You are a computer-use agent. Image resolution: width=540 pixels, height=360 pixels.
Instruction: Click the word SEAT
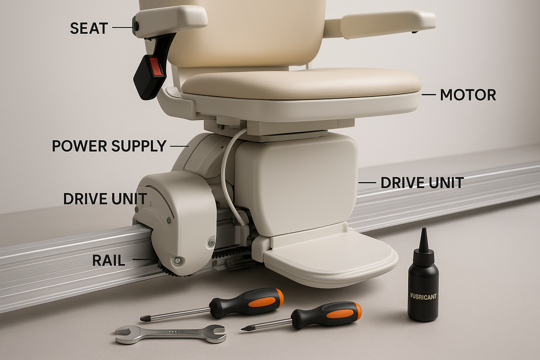89,28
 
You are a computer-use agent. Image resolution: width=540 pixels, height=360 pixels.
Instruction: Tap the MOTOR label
468,95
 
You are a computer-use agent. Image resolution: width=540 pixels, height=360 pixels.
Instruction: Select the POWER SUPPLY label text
109,146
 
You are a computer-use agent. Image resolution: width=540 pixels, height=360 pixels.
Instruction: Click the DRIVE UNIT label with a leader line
422,182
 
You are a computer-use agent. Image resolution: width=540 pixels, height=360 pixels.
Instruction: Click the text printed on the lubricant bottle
423,296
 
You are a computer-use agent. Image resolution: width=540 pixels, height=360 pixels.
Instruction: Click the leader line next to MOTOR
429,95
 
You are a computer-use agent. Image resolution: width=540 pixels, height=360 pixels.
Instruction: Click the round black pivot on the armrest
136,25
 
